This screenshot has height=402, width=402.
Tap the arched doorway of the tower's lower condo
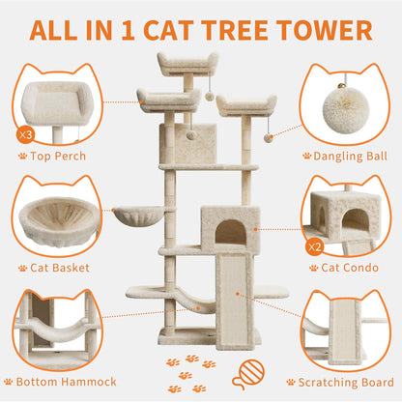(230, 232)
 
